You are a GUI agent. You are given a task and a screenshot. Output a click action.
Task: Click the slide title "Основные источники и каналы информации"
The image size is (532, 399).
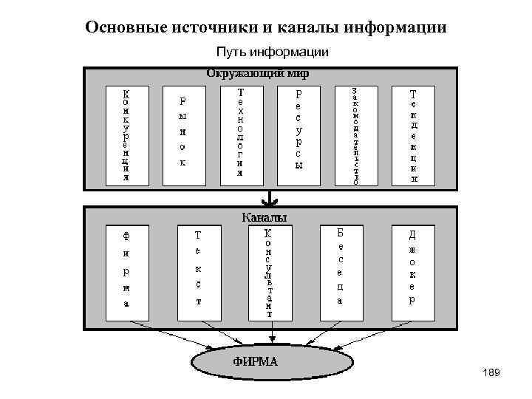pyautogui.click(x=266, y=28)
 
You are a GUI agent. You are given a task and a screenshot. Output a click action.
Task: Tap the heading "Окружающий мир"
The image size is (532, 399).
pyautogui.click(x=257, y=74)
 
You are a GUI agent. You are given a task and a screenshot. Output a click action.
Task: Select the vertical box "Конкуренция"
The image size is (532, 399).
pyautogui.click(x=126, y=135)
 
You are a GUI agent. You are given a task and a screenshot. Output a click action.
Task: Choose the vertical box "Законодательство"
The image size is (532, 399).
pyautogui.click(x=356, y=135)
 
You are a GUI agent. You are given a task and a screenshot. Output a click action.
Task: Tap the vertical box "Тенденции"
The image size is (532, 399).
pyautogui.click(x=413, y=135)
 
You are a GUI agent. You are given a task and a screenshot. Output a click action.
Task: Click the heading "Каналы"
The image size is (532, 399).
pyautogui.click(x=265, y=217)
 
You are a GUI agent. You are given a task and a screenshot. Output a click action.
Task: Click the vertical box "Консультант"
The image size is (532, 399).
pyautogui.click(x=269, y=273)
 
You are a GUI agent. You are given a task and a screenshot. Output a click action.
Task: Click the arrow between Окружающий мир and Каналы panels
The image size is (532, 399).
pyautogui.click(x=273, y=199)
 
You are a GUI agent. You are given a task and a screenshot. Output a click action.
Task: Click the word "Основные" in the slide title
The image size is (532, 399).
pyautogui.click(x=126, y=28)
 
